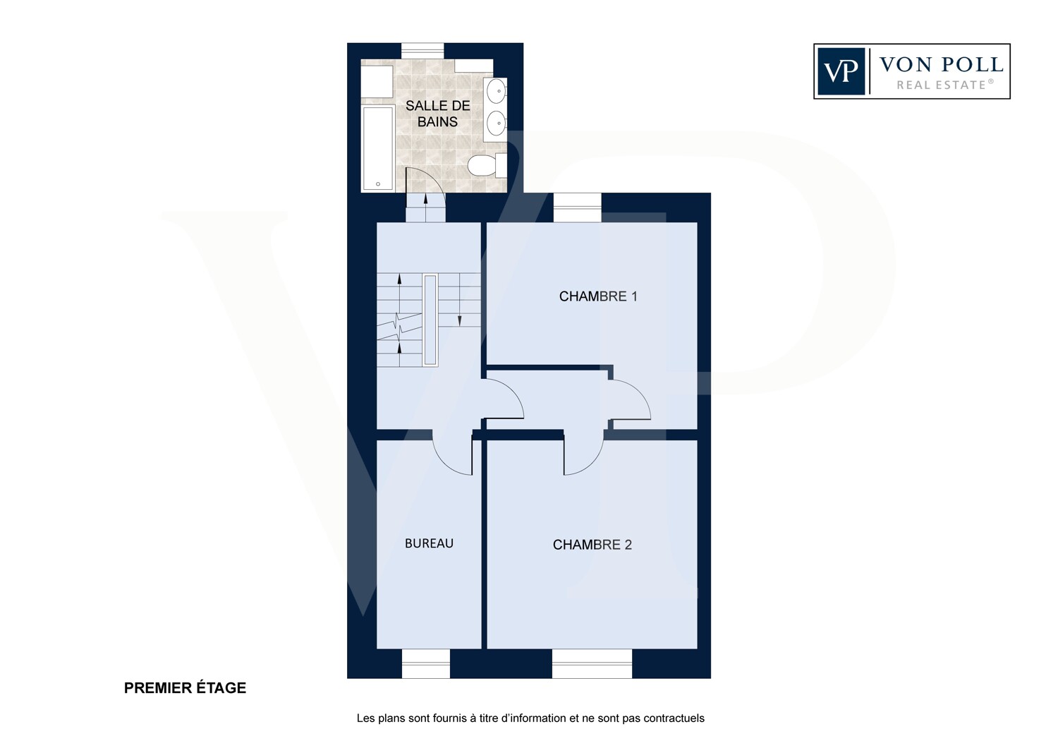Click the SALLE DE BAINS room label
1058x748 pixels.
438,114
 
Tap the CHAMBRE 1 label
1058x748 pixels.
598,296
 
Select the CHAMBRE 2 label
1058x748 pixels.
592,545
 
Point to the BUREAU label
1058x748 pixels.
429,543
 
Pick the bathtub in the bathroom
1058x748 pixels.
378,148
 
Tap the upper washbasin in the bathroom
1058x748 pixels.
496,91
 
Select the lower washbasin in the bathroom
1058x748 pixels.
496,123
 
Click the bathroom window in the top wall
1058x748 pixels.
422,51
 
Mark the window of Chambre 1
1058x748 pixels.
578,207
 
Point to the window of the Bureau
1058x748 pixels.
426,664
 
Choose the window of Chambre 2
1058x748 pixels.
592,664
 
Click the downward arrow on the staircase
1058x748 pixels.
460,300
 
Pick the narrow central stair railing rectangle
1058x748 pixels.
430,320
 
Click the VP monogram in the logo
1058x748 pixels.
841,71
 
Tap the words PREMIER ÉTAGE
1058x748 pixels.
185,688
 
